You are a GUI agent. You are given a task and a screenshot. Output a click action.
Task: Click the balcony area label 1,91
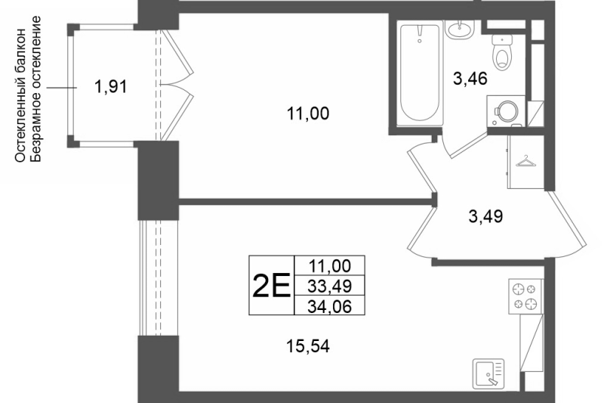(x=110, y=86)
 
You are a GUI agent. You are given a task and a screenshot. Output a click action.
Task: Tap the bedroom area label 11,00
(x=308, y=113)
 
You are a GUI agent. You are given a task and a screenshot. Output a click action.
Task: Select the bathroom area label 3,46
(x=470, y=79)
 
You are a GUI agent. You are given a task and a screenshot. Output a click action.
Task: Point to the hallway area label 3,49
(x=485, y=216)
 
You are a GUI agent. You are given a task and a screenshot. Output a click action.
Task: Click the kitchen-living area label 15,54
(x=308, y=346)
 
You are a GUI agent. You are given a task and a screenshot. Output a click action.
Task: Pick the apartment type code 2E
(x=271, y=285)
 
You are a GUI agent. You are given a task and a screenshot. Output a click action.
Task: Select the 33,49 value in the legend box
(x=330, y=286)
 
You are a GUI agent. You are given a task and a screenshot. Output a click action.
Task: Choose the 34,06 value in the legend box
(x=330, y=306)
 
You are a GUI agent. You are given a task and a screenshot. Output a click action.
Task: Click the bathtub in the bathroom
(x=420, y=73)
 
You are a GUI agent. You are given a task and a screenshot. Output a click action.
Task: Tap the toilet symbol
(x=502, y=52)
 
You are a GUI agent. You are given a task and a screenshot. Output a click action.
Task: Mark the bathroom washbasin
(x=459, y=29)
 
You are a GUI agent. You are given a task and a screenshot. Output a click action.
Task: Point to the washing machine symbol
(x=506, y=110)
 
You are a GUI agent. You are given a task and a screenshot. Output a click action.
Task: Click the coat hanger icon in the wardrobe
(x=525, y=161)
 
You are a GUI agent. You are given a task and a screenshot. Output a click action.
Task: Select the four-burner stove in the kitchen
(x=525, y=296)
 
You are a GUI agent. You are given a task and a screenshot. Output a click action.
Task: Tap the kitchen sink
(x=488, y=374)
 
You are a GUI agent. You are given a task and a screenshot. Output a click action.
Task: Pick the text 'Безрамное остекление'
(x=35, y=88)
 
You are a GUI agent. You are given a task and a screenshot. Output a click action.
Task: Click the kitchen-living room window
(x=159, y=278)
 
